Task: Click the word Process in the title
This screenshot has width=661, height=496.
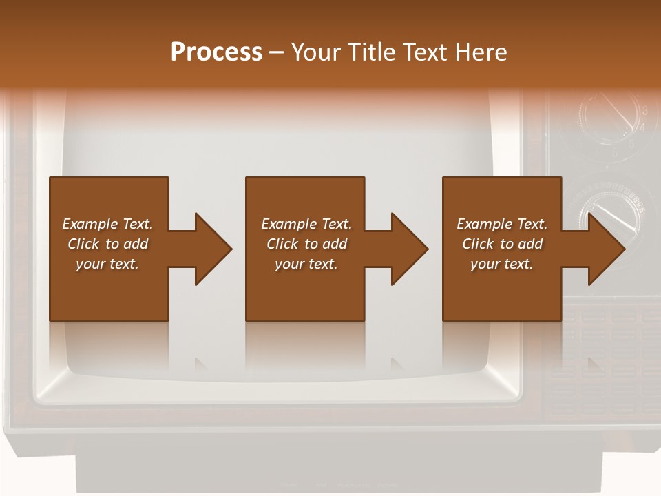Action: click(x=216, y=52)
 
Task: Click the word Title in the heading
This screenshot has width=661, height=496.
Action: click(x=371, y=52)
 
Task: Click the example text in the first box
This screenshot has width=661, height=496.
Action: click(x=107, y=244)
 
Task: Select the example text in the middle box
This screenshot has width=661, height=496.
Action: click(x=306, y=244)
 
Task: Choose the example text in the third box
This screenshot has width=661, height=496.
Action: click(x=502, y=244)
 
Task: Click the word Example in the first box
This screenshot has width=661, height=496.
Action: click(x=90, y=224)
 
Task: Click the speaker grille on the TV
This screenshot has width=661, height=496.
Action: click(x=606, y=365)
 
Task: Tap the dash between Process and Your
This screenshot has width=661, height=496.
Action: click(x=276, y=52)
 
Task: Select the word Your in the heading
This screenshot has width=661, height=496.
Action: click(x=315, y=52)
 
